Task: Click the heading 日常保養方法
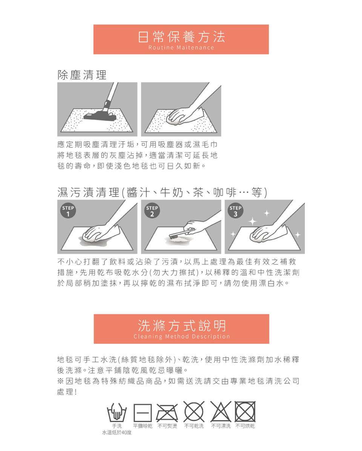coord(181,36)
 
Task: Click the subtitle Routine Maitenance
coord(181,48)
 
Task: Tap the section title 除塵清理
coord(82,75)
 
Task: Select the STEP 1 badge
coord(68,211)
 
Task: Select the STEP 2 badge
coord(152,211)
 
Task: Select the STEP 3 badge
coord(236,211)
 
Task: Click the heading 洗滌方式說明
coord(181,325)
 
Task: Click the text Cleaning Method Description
coord(181,337)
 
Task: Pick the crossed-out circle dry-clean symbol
coord(194,411)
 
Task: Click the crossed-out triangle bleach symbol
coord(220,411)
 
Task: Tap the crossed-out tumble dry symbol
coord(245,411)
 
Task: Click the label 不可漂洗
coord(220,426)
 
